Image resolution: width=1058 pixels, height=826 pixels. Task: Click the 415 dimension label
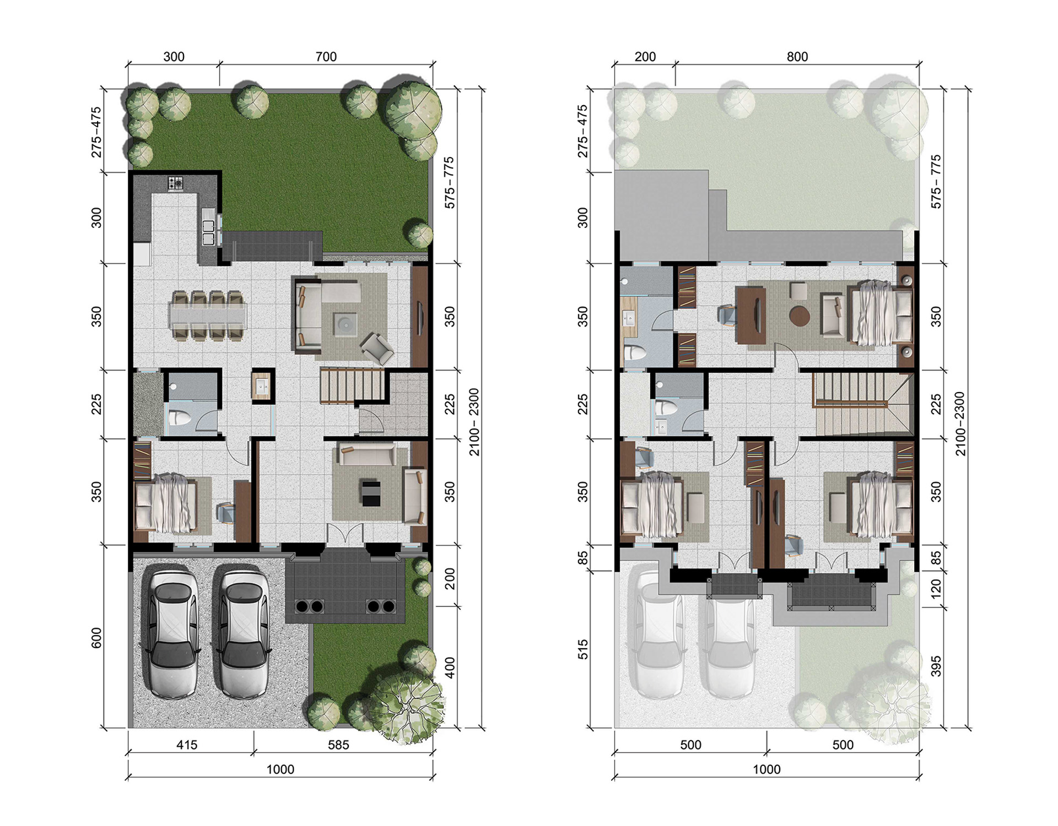187,745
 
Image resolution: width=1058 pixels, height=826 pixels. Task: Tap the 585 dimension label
338,745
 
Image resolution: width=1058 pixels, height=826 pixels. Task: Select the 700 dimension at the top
326,57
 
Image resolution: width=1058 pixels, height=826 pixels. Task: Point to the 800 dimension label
797,57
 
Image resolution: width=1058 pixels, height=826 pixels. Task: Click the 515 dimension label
583,649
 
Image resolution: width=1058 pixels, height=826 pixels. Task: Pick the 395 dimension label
936,666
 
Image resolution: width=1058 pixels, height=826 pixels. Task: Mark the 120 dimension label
936,589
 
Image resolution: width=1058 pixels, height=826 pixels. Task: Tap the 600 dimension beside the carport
97,638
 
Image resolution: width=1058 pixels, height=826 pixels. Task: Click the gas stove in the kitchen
176,183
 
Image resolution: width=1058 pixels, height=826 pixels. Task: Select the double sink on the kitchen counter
209,231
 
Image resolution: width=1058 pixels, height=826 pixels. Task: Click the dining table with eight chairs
208,317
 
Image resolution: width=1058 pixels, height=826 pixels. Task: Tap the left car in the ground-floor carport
172,633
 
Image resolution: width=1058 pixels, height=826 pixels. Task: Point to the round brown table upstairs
800,316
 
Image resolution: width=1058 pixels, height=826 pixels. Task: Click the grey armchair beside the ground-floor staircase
377,348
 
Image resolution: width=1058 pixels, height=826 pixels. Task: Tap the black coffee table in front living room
370,492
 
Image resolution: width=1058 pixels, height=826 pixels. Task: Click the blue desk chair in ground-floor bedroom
226,513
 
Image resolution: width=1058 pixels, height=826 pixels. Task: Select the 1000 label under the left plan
280,769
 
